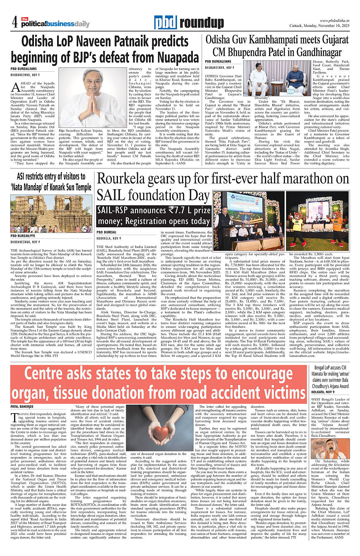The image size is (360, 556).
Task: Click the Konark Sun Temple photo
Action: [51, 214]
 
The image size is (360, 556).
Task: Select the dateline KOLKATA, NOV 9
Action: [324, 392]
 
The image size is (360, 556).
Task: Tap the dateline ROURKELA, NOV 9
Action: [108, 238]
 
